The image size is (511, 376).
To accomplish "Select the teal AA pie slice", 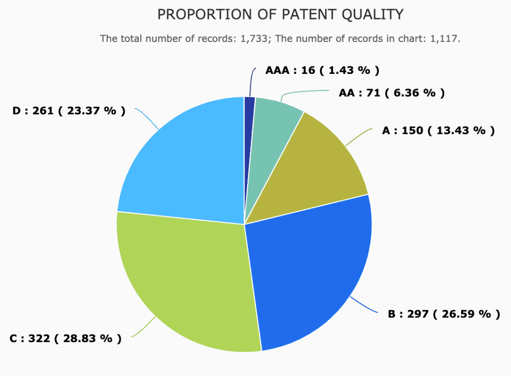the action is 270,137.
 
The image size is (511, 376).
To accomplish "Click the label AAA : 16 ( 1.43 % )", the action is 322,70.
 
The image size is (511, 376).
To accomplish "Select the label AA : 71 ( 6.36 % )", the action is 392,93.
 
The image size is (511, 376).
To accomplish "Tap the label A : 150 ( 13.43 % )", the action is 438,131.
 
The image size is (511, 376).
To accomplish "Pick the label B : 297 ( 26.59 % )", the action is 444,315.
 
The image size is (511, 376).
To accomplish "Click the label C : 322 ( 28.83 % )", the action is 65,339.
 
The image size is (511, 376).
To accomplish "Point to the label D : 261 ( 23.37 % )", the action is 69,111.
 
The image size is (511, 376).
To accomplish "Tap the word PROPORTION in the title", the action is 205,14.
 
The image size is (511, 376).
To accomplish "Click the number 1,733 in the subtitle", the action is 254,39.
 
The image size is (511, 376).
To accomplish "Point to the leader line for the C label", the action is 143,328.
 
